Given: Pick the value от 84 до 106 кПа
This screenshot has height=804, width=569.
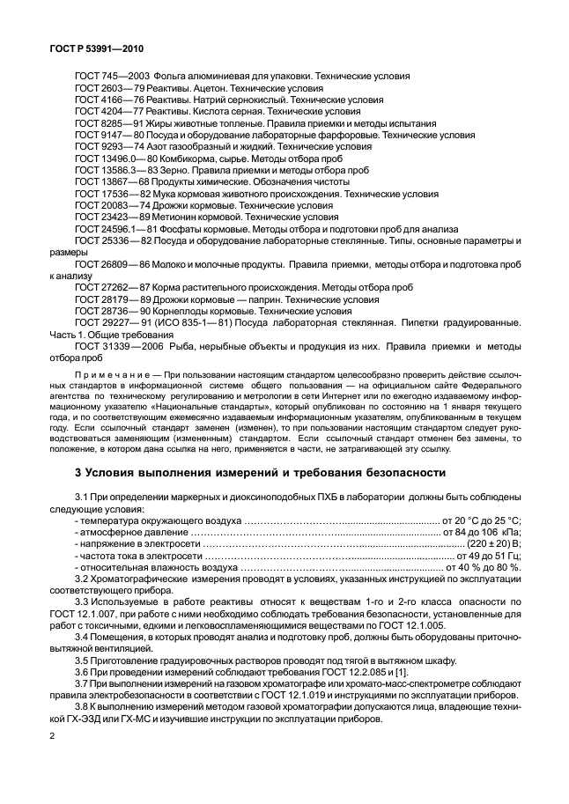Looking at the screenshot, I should coord(482,533).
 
